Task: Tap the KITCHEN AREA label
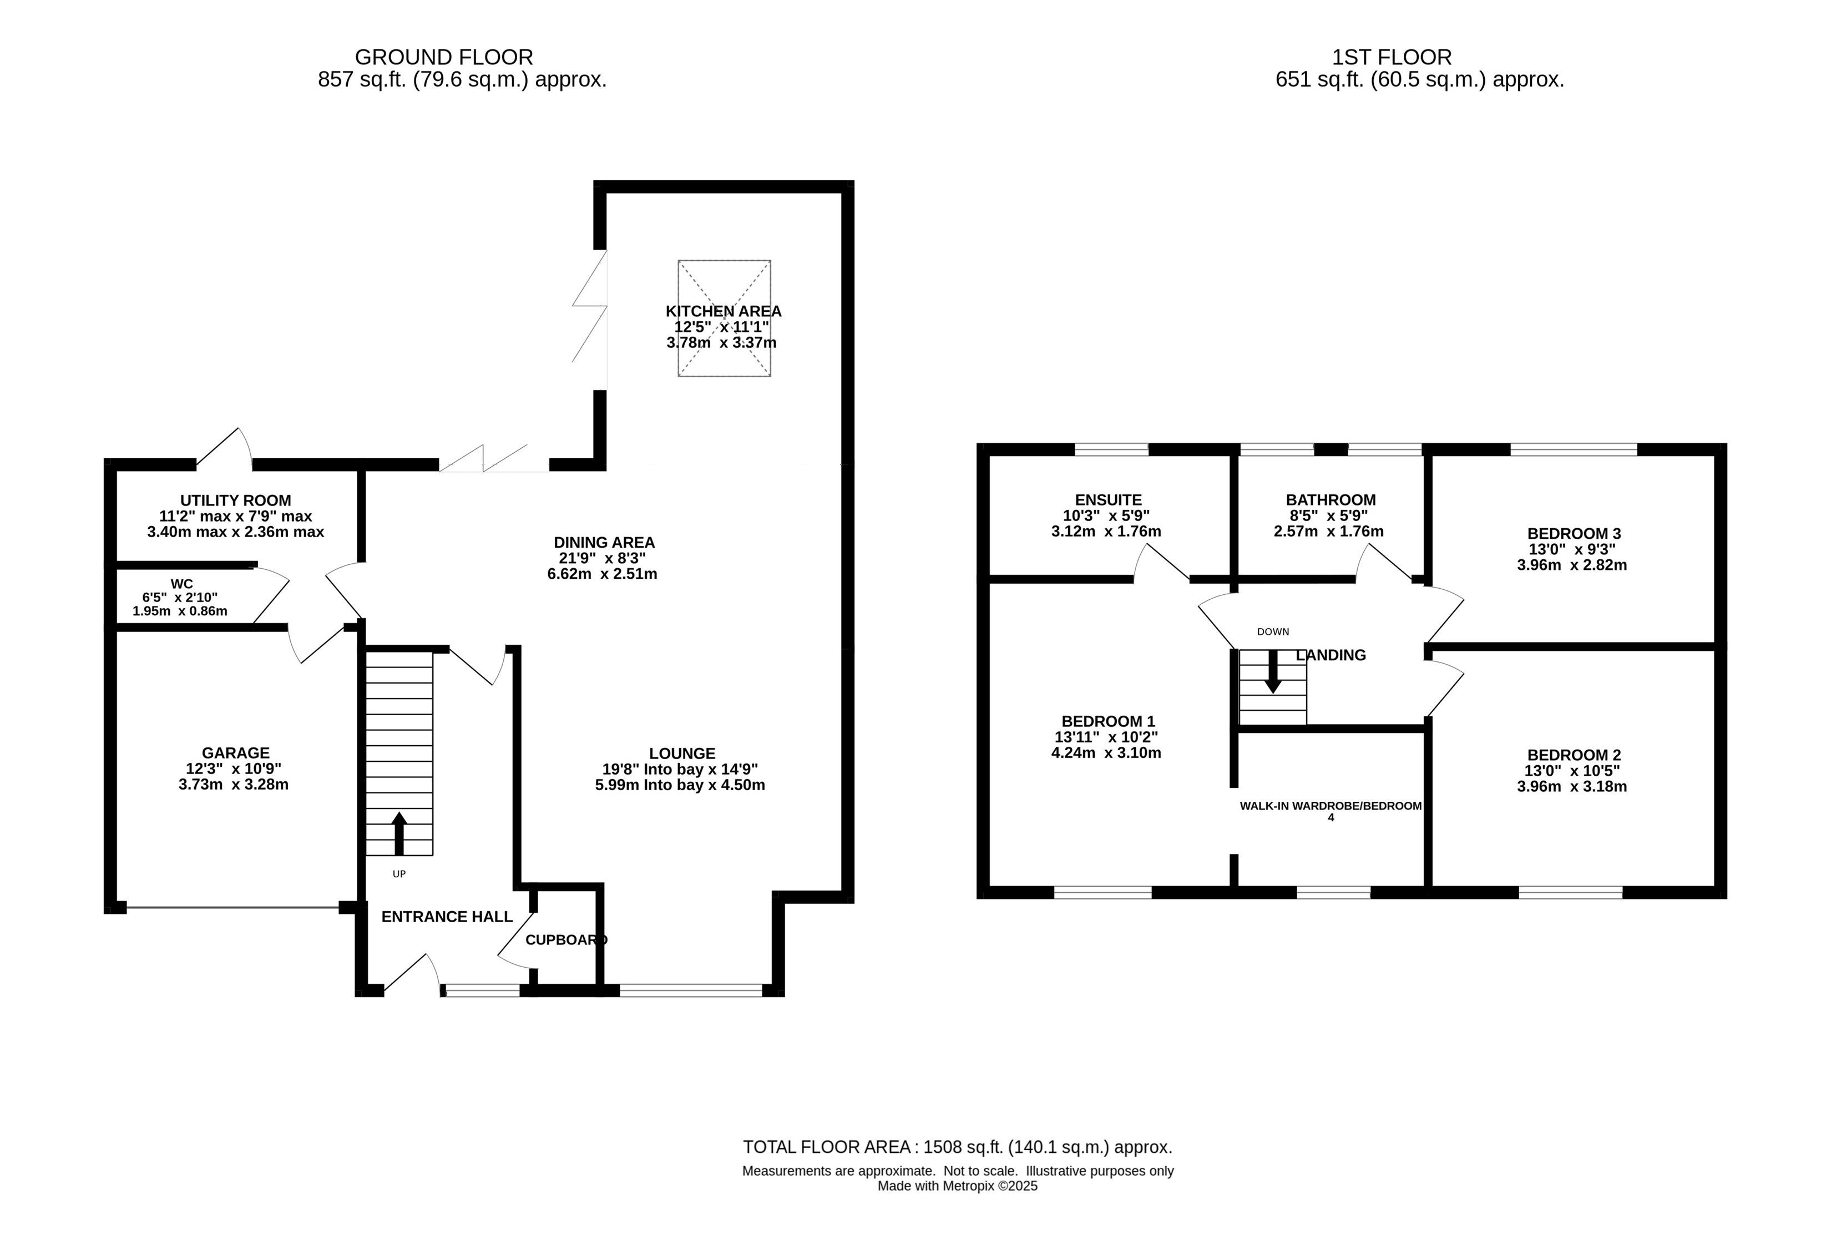coord(724,312)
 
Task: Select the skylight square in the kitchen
coord(724,318)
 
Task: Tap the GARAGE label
coord(236,753)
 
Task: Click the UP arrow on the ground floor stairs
coord(399,833)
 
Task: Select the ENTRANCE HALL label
coord(447,917)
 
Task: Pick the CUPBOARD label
coord(567,940)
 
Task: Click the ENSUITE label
coord(1109,500)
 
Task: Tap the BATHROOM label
coord(1331,500)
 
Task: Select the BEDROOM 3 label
coord(1574,534)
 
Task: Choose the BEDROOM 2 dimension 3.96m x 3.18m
coord(1572,786)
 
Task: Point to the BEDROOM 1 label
coord(1109,721)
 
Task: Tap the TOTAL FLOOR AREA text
coord(957,1147)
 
